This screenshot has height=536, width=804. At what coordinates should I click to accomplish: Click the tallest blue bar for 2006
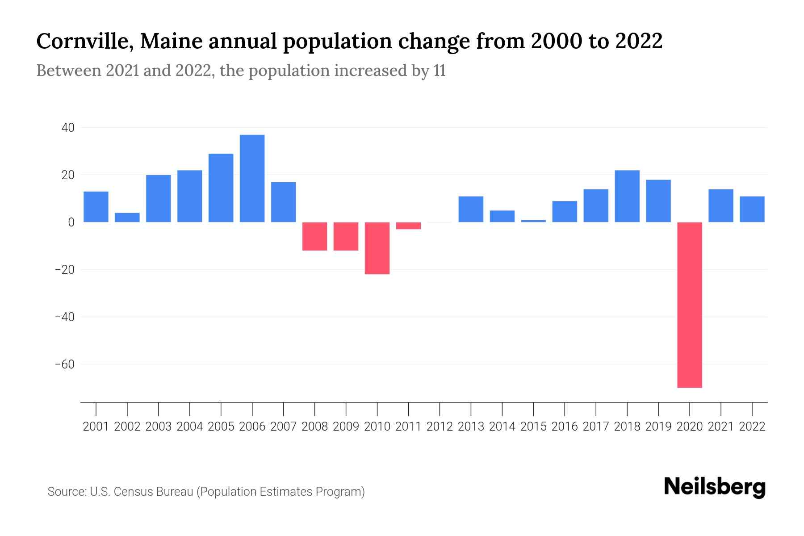point(252,178)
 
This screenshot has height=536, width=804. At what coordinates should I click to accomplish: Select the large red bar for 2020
point(690,305)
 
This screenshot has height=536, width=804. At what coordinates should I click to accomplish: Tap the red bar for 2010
point(377,248)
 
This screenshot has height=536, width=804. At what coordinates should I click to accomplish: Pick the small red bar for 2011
point(408,226)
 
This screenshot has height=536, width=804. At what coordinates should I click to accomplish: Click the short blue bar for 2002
point(127,218)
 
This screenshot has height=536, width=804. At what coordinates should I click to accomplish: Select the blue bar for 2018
point(627,196)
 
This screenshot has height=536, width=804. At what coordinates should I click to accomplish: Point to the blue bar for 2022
point(752,209)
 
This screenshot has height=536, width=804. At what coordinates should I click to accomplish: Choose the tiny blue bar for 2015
point(533,221)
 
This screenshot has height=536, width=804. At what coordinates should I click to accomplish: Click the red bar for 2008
point(314,236)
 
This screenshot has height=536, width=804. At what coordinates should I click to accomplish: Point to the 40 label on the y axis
point(68,128)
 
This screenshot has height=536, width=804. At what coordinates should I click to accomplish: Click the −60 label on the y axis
point(65,364)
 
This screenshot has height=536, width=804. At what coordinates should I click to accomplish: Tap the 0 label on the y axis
point(71,222)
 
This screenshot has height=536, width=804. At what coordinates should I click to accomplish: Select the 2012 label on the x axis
point(440,427)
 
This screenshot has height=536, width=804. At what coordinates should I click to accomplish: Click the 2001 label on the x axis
point(96,427)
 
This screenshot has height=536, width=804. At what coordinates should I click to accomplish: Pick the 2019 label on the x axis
point(658,427)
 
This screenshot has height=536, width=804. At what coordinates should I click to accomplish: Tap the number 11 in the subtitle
point(440,71)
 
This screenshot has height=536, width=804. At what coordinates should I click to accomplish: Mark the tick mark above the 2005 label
point(221,409)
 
